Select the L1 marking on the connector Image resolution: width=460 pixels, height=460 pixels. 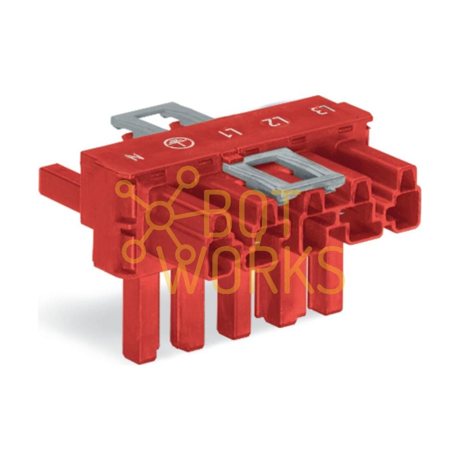[230, 132]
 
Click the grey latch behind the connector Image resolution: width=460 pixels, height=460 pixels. [161, 119]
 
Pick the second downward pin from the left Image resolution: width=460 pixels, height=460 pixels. [187, 317]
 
